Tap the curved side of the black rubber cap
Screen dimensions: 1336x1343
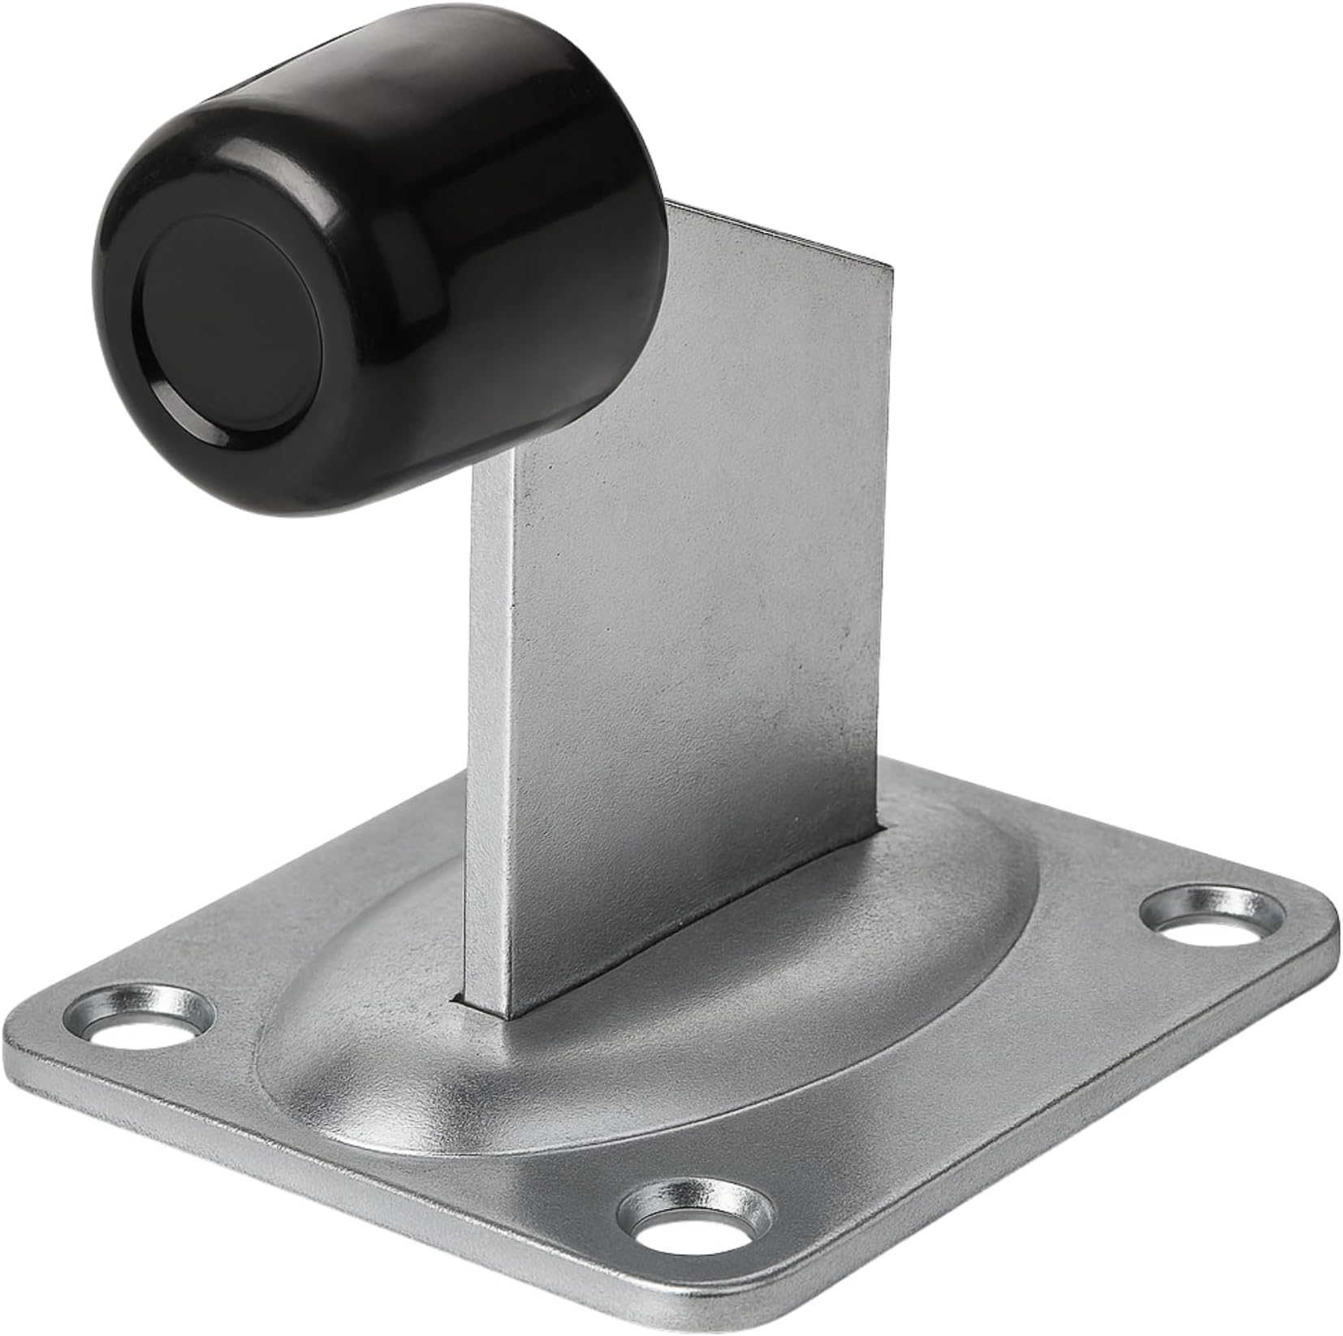[x=455, y=243]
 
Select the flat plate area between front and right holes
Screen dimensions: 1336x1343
[x=958, y=1080]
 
